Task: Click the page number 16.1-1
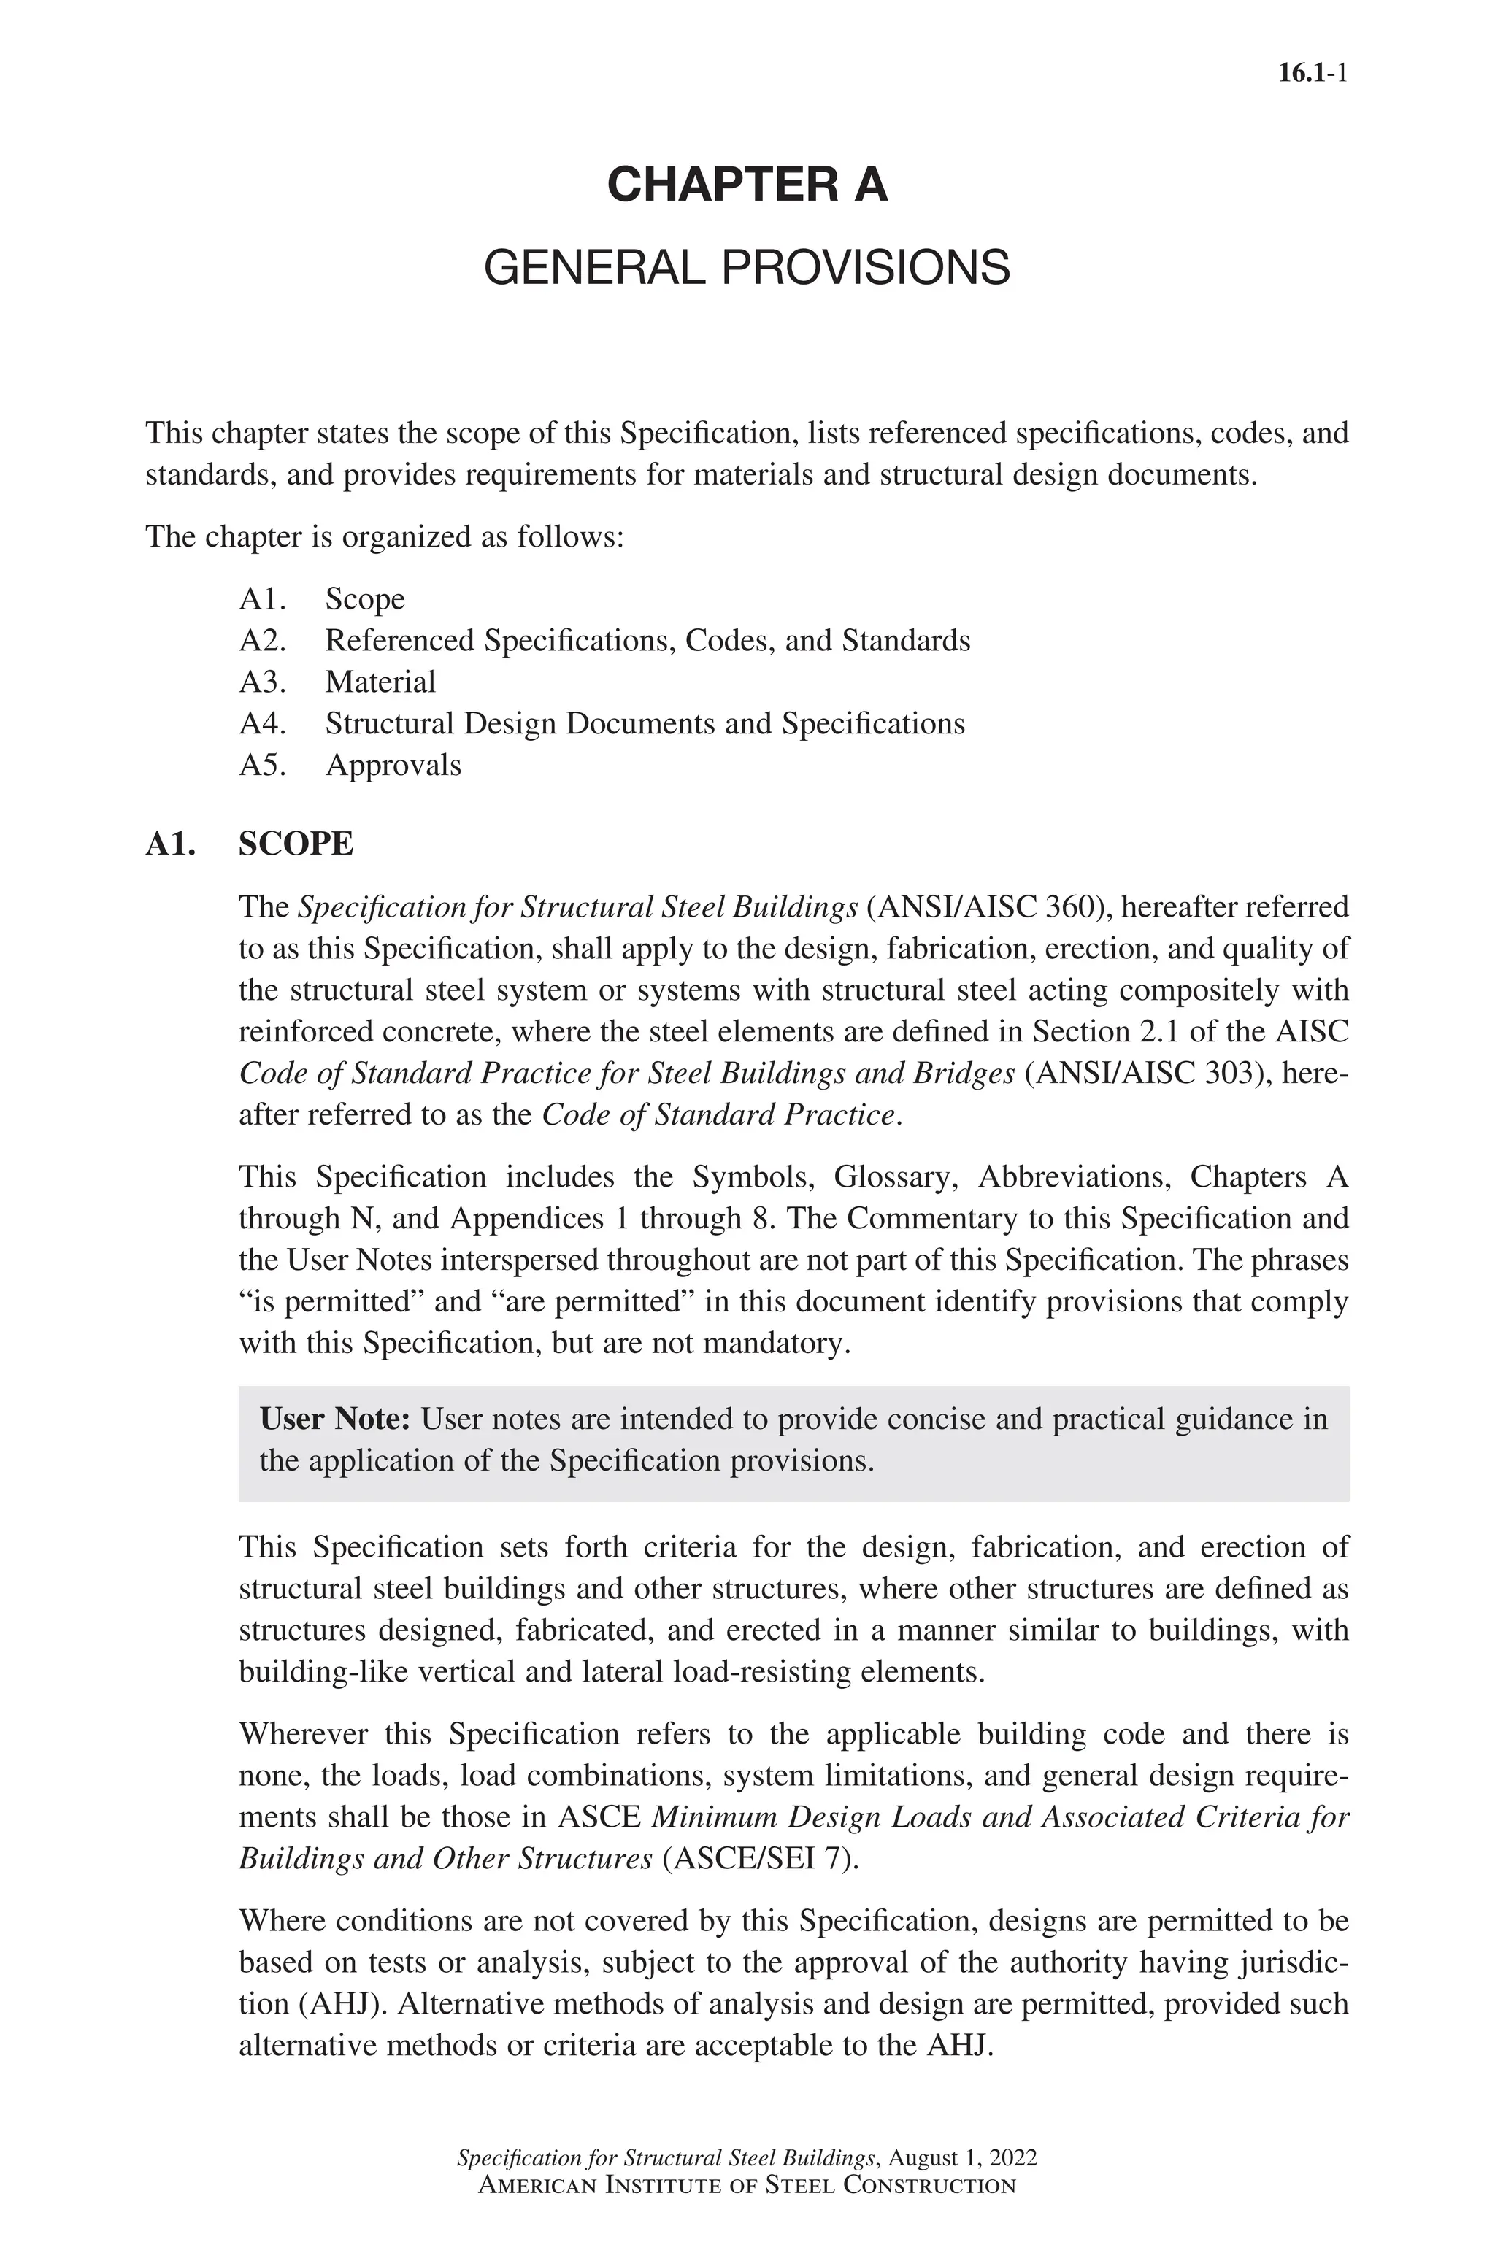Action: point(1311,74)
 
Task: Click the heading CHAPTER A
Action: point(747,184)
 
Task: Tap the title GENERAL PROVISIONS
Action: point(747,268)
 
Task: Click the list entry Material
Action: point(380,682)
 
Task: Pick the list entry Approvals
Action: point(393,765)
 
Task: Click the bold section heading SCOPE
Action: point(296,844)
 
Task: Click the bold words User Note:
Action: point(334,1419)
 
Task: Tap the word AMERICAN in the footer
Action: point(536,2186)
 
